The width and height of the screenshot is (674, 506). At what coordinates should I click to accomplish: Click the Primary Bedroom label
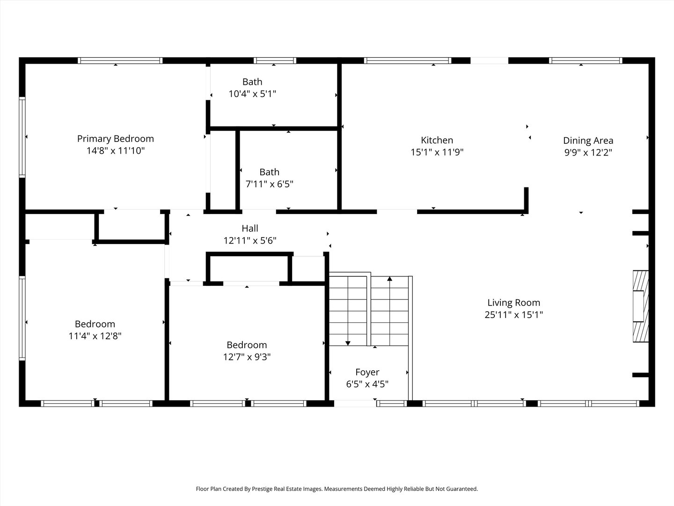[x=116, y=139]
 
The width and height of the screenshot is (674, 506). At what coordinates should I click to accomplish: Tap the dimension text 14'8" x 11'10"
[x=116, y=151]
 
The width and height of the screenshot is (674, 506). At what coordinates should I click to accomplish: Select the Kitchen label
[x=437, y=141]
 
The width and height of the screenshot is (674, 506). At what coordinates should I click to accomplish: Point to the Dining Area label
[x=588, y=141]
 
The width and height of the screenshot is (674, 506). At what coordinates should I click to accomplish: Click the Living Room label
[x=514, y=303]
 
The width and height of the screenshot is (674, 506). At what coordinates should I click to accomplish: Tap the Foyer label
[x=367, y=372]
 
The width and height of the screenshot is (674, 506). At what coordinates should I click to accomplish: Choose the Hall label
[x=250, y=228]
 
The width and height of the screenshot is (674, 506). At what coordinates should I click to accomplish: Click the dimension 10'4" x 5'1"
[x=252, y=94]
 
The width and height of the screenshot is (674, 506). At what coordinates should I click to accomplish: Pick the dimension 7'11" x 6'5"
[x=269, y=184]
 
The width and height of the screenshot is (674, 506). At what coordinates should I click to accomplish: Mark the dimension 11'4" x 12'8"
[x=95, y=336]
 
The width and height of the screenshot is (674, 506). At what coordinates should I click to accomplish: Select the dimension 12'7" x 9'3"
[x=247, y=357]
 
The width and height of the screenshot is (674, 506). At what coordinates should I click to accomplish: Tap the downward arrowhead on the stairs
[x=348, y=343]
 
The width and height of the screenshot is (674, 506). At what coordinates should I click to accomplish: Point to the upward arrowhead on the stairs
[x=390, y=279]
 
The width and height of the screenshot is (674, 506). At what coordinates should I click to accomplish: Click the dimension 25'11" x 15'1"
[x=514, y=315]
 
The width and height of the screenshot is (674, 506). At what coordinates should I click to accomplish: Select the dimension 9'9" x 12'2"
[x=588, y=153]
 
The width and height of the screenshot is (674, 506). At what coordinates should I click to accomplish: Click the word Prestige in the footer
[x=263, y=489]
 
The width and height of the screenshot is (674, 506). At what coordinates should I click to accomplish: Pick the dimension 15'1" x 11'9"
[x=437, y=152]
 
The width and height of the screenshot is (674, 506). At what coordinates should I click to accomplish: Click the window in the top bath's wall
[x=275, y=60]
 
